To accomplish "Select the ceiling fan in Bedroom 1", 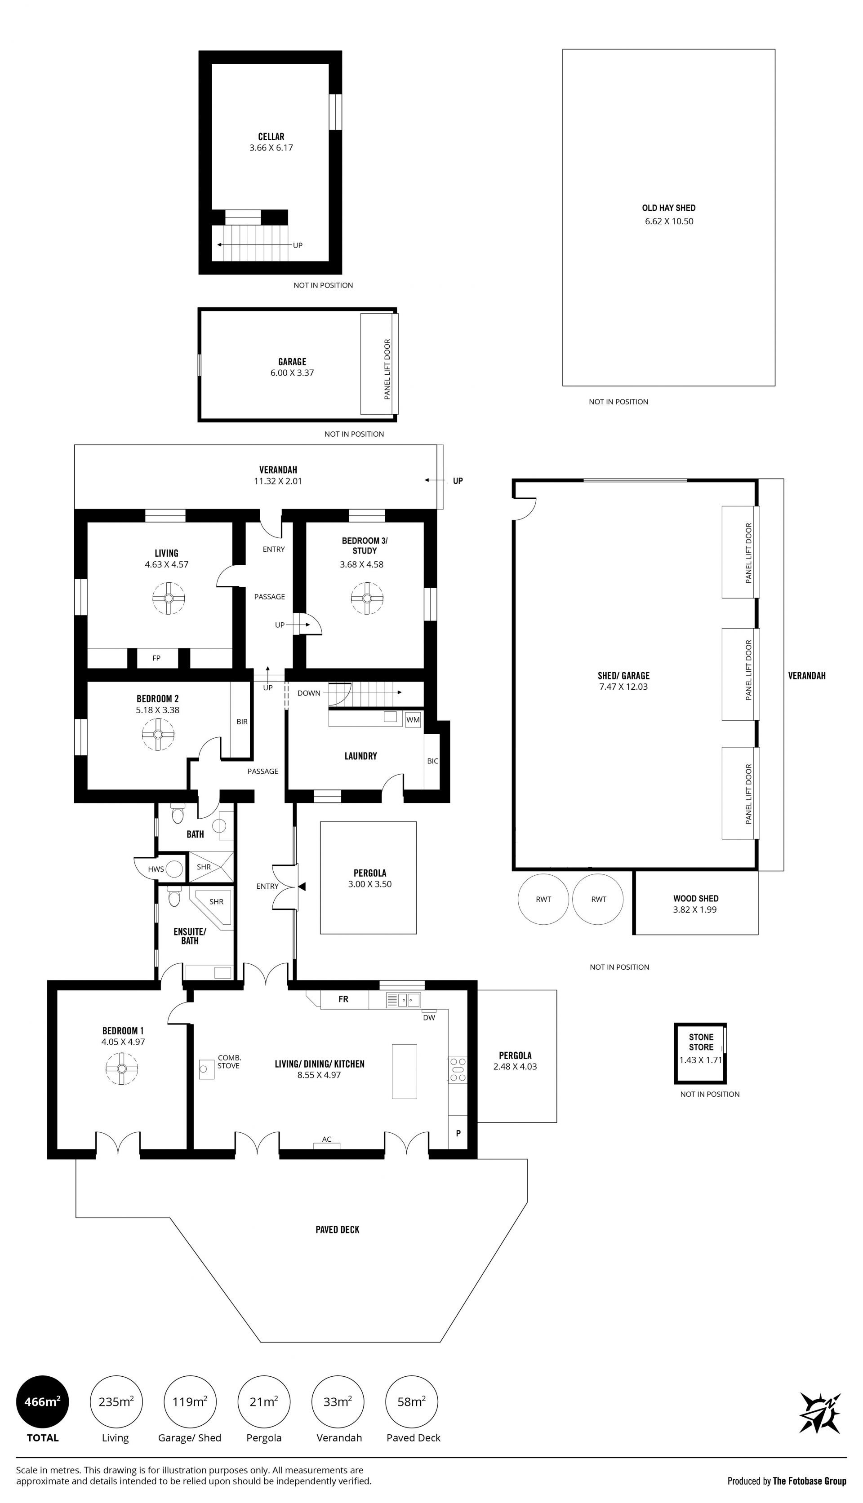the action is coord(121,1068).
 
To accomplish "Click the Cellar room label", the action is coord(271,136).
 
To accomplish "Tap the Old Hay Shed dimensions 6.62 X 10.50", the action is coord(669,221).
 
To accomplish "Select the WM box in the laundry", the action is coord(413,720).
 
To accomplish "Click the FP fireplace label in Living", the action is coord(156,658).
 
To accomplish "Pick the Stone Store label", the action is coord(701,1042).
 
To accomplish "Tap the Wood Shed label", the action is coord(696,898).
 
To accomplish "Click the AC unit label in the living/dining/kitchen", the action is coord(327,1139).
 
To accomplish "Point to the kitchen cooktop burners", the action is coord(458,1069).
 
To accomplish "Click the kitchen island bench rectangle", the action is coord(404,1071).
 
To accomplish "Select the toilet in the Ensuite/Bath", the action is coord(173,898).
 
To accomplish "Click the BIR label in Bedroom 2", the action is coord(242,722).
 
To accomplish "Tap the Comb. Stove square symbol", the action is coord(206,1069).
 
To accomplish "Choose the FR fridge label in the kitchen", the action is coord(343,999).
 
